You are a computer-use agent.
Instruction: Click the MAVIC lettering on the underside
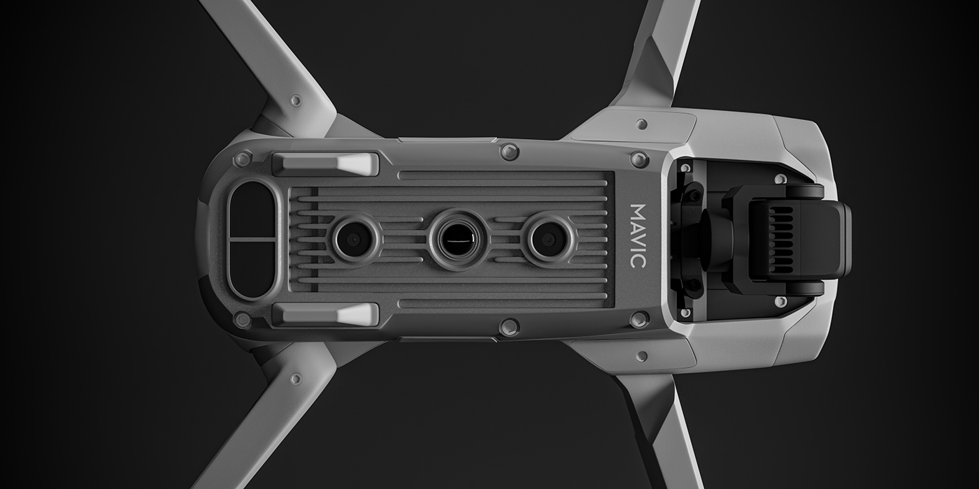(637, 235)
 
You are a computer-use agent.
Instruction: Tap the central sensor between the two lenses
(458, 239)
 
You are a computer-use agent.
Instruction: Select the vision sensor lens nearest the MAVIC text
(548, 240)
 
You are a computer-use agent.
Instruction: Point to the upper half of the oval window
(252, 210)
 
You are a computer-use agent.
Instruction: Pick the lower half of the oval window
(252, 269)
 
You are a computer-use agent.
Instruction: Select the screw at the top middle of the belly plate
(510, 152)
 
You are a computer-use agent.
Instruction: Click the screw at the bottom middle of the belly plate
(510, 326)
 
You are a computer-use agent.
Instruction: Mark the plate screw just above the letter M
(639, 159)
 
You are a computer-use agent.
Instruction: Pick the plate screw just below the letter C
(639, 319)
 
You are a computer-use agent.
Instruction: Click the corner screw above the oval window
(243, 159)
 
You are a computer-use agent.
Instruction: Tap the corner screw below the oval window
(243, 320)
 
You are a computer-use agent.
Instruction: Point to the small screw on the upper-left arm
(296, 101)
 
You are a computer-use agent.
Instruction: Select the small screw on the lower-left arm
(296, 379)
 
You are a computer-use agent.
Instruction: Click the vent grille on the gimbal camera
(781, 240)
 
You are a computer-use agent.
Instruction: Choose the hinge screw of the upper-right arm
(641, 124)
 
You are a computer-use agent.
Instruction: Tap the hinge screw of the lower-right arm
(641, 356)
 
